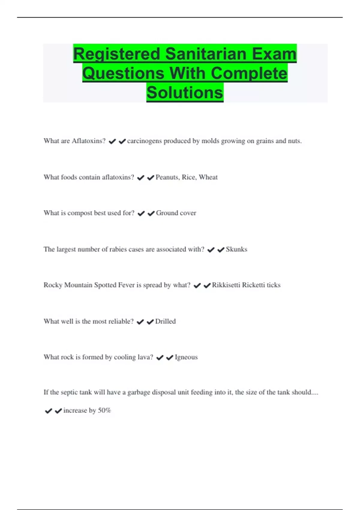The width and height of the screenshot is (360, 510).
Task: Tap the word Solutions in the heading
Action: coord(185,92)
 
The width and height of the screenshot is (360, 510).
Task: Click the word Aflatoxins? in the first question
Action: coord(88,141)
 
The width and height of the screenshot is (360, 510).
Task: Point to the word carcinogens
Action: coord(144,141)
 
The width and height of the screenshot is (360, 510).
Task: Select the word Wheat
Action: coord(208,177)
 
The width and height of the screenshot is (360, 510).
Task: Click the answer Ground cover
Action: coord(176,213)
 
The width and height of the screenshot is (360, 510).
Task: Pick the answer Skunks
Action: coord(236,249)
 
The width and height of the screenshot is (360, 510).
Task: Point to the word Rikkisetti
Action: coord(226,285)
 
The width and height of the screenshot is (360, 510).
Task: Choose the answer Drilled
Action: coord(165,321)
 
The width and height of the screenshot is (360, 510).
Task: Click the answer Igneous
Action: coord(186,357)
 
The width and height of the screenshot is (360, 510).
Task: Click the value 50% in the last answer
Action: coord(104,410)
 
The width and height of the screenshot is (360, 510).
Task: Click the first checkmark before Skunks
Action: coord(211,250)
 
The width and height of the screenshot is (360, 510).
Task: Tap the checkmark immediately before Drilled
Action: coord(150,322)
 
